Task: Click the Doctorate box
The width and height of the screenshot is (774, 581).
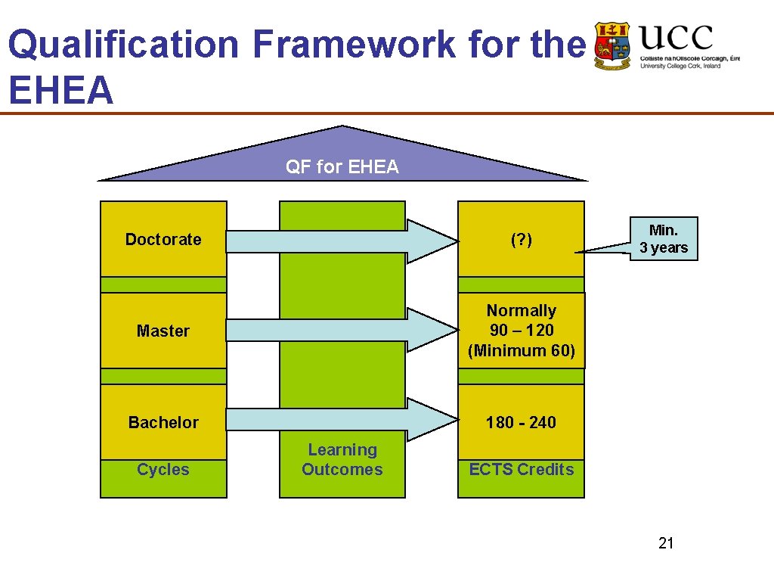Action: pyautogui.click(x=163, y=239)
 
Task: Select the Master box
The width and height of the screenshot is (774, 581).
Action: pyautogui.click(x=163, y=331)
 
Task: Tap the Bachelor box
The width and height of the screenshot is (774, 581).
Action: pyautogui.click(x=163, y=422)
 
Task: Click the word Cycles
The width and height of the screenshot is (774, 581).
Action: pyautogui.click(x=163, y=470)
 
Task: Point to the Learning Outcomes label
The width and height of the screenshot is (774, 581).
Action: pyautogui.click(x=342, y=460)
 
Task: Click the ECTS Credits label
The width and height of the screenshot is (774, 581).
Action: pyautogui.click(x=521, y=470)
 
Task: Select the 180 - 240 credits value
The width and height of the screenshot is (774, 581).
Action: pyautogui.click(x=521, y=422)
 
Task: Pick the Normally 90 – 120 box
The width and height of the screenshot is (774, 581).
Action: pyautogui.click(x=521, y=331)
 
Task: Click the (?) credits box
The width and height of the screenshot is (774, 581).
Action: pyautogui.click(x=521, y=240)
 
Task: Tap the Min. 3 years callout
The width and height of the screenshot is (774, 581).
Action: pyautogui.click(x=664, y=239)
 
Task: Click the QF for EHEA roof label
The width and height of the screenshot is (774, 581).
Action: pyautogui.click(x=342, y=167)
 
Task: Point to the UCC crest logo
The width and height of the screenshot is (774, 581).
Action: pyautogui.click(x=612, y=46)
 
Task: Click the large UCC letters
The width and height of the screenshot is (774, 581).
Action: pyautogui.click(x=676, y=37)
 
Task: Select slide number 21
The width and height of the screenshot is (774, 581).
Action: pyautogui.click(x=666, y=543)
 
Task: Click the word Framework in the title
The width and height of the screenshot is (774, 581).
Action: pyautogui.click(x=354, y=44)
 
